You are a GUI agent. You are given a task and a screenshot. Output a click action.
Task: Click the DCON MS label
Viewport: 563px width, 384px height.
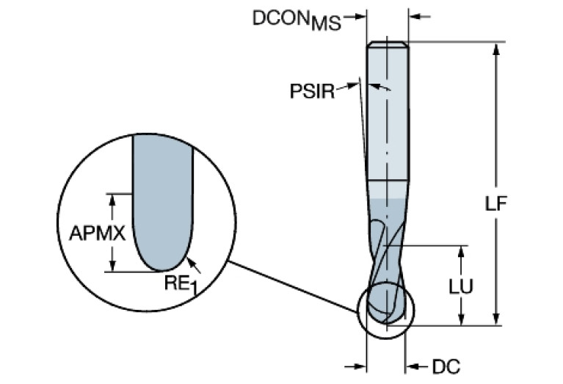[297, 20]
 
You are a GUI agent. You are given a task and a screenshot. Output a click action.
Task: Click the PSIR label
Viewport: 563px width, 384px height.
[312, 91]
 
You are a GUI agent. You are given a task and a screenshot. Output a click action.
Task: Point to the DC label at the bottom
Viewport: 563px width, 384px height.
[446, 365]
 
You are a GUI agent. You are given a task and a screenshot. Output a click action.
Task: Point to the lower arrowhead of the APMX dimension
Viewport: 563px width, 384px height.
[113, 266]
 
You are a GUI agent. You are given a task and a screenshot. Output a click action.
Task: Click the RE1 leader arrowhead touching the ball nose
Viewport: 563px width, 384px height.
[189, 258]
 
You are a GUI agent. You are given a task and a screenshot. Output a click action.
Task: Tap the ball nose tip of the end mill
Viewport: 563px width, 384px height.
[386, 322]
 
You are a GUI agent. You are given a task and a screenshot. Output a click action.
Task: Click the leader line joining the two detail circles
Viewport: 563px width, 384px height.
[294, 283]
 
